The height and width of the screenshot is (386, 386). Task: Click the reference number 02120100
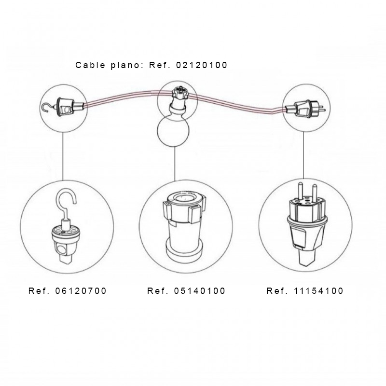click(202, 65)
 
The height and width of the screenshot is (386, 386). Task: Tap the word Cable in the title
click(90, 65)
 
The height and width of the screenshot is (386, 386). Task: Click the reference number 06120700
click(81, 291)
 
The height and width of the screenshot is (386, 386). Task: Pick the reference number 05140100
click(200, 291)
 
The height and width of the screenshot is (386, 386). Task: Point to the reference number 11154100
click(318, 291)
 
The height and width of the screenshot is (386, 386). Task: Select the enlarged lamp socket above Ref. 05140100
click(185, 226)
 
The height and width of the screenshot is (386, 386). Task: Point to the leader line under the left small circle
click(63, 156)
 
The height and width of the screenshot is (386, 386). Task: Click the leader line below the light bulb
click(175, 164)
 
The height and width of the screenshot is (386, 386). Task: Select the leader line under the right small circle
click(303, 155)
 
